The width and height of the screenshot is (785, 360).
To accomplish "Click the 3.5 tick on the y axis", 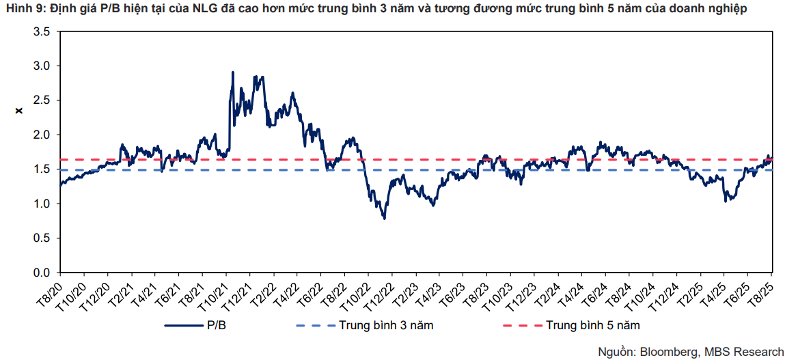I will (x=42, y=31).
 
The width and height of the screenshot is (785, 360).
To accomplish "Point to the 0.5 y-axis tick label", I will (x=42, y=238).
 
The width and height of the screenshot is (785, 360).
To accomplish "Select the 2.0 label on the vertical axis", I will (x=42, y=135).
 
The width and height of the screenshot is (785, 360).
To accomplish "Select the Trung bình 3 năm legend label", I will (x=386, y=325).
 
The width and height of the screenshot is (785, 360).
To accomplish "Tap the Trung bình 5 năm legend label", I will (x=592, y=325).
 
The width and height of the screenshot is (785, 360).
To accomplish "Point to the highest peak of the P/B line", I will (x=233, y=72).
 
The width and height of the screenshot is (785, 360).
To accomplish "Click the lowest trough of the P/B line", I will (x=385, y=218).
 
